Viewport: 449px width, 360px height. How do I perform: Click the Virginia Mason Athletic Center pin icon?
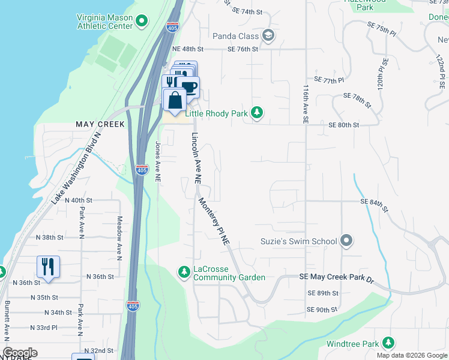click(x=142, y=23)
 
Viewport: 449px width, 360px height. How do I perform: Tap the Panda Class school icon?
click(x=268, y=35)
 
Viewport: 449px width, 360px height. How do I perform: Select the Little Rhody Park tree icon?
click(x=257, y=113)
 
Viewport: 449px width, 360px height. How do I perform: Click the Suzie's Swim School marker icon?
click(x=346, y=241)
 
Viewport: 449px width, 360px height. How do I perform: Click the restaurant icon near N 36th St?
click(x=48, y=267)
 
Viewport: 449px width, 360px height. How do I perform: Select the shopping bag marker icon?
click(x=175, y=100)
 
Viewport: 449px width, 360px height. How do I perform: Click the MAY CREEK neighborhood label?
click(x=100, y=124)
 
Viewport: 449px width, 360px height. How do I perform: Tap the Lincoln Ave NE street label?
click(x=196, y=158)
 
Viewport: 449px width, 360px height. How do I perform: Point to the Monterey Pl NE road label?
click(x=215, y=221)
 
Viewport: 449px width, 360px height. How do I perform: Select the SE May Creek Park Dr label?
click(x=345, y=279)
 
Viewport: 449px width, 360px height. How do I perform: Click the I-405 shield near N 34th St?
click(x=133, y=306)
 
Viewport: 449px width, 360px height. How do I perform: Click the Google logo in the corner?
click(x=20, y=353)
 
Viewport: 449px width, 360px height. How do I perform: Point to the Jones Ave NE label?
click(x=158, y=161)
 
